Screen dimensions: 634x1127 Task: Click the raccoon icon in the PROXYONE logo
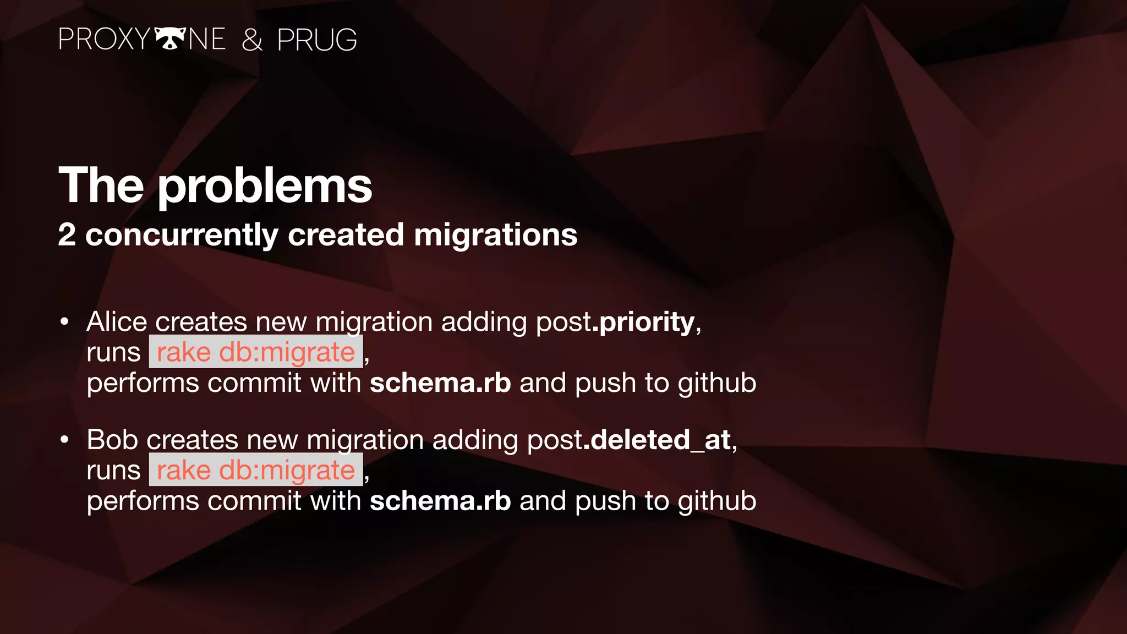click(169, 39)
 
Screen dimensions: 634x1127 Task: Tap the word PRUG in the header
click(317, 40)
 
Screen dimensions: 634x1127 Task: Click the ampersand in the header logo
click(252, 40)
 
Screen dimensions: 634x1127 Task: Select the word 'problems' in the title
click(265, 186)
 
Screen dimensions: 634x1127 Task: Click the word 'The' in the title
click(101, 185)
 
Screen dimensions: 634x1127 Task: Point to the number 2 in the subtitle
click(67, 235)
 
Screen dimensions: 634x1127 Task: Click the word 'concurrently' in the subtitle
click(182, 236)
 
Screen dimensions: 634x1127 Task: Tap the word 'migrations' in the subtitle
click(495, 235)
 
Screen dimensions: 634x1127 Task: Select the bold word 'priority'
click(647, 322)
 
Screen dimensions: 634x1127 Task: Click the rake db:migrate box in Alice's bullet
click(256, 352)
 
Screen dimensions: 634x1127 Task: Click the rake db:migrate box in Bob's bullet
click(256, 471)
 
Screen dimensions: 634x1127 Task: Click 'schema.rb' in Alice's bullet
click(440, 383)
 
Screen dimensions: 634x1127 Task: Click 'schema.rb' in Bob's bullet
click(440, 501)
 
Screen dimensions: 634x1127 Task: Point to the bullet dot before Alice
click(65, 322)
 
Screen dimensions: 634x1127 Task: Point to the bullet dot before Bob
click(65, 440)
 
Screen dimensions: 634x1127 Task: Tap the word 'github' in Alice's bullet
click(717, 384)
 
